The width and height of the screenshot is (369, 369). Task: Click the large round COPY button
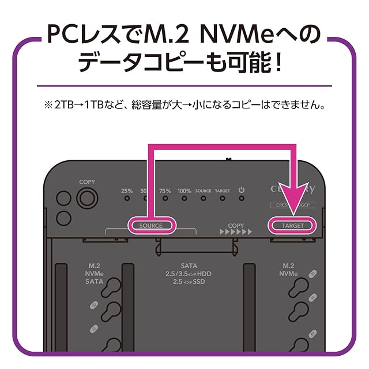coord(86,199)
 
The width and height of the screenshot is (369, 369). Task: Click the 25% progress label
coord(127,190)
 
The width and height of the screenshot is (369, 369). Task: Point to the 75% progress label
coord(165,190)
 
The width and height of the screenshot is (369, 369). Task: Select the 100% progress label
coord(184,190)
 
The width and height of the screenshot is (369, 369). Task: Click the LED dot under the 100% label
coord(184,199)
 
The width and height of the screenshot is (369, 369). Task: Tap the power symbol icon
coord(242,190)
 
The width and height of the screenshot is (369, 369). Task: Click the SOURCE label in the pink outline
coord(151,225)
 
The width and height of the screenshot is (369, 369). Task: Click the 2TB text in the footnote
coord(62,106)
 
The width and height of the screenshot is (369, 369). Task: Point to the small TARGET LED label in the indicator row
coord(222,191)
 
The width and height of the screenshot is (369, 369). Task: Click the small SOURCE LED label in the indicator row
coord(203,191)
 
